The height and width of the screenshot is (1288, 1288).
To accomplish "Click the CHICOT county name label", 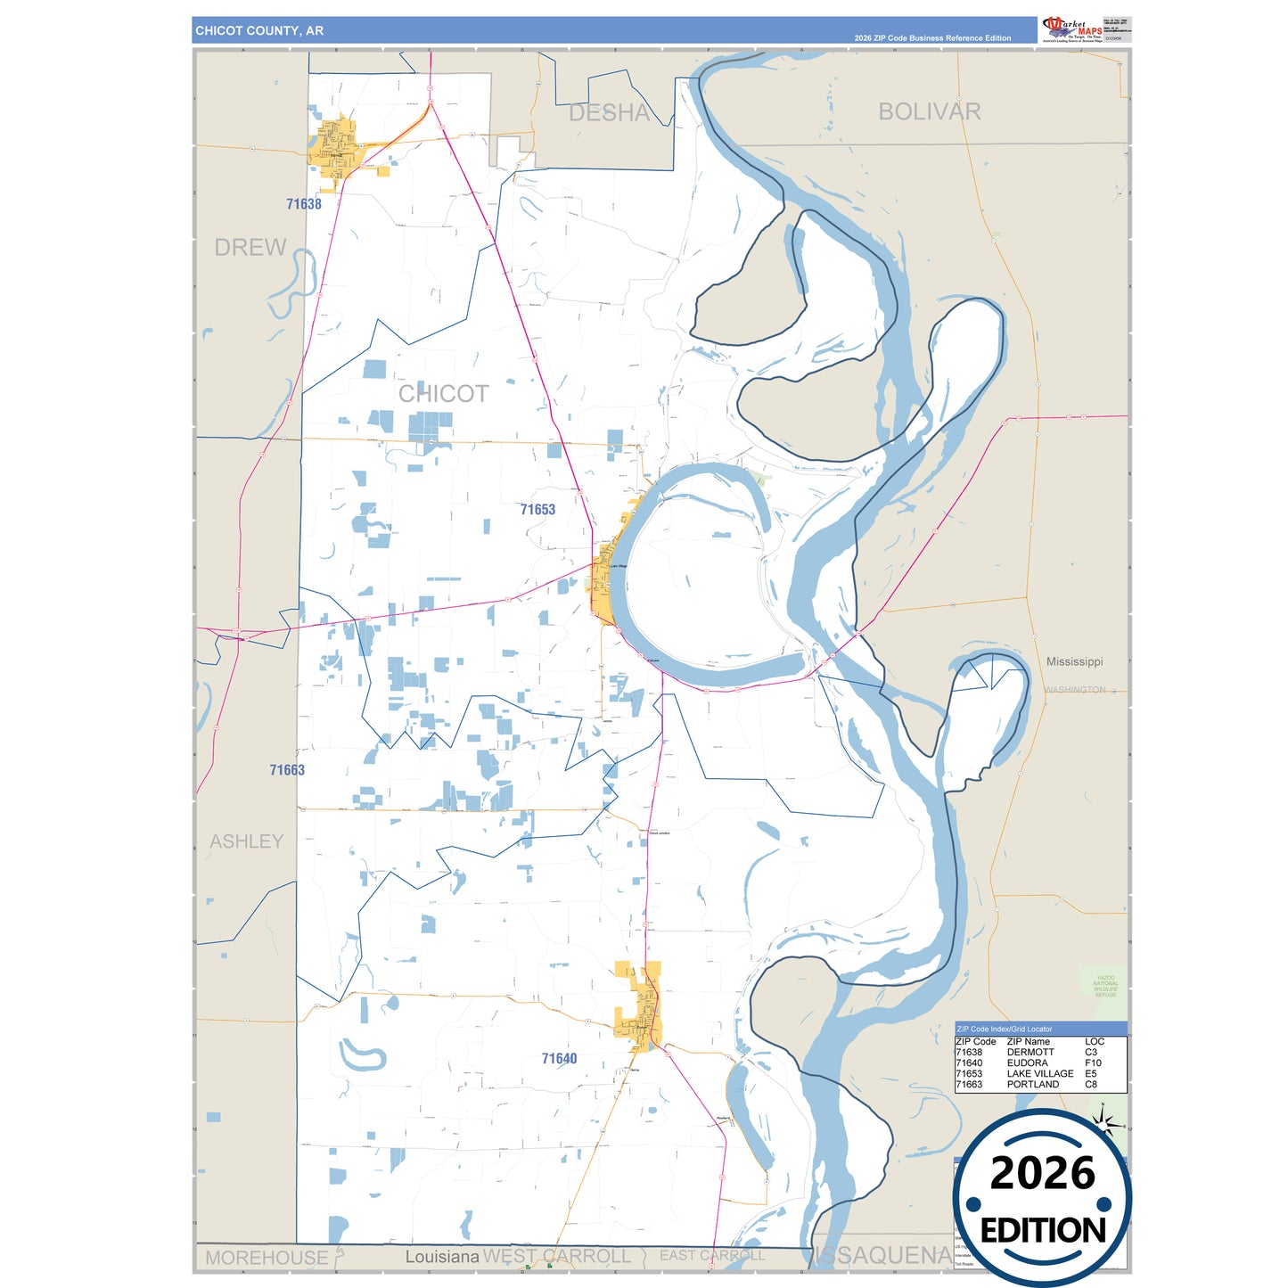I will click(x=443, y=394).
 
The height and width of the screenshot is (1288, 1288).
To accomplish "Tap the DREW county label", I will click(x=250, y=248).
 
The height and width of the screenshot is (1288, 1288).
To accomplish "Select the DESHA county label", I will click(x=610, y=113).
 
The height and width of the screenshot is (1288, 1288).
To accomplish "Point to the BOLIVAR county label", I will click(x=930, y=111).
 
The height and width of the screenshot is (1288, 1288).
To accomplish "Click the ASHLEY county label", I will click(x=247, y=841).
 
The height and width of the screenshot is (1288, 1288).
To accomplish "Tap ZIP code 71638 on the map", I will click(x=304, y=204).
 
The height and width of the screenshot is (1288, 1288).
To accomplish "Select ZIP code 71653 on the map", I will click(x=537, y=510).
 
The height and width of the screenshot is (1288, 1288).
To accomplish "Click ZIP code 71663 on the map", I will click(x=287, y=770).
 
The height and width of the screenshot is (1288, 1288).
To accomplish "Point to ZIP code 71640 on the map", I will click(x=559, y=1059).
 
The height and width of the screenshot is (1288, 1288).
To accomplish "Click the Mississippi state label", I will click(x=1074, y=661).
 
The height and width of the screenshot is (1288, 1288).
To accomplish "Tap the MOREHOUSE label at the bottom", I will click(x=267, y=1258).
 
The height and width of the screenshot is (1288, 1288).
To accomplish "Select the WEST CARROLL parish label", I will click(x=557, y=1257).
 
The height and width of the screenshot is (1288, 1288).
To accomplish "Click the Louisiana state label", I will click(x=442, y=1257).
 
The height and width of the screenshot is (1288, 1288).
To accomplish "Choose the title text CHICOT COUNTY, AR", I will click(x=259, y=30).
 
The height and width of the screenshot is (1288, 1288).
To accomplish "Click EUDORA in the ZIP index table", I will click(x=1027, y=1062).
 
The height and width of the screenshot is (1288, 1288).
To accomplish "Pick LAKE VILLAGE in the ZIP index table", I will click(x=1039, y=1073).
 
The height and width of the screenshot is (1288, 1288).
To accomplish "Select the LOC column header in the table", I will click(x=1095, y=1041).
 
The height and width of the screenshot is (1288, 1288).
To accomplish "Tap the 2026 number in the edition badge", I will click(x=1042, y=1173).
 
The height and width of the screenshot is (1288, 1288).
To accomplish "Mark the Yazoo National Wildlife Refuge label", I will click(x=1105, y=986).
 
